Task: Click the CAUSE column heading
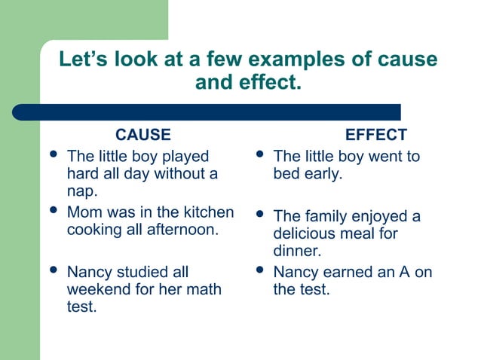coord(142,136)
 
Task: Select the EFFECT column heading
coord(375,136)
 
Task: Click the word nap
coord(81,192)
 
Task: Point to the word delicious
coord(305,234)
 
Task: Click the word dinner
coord(297,252)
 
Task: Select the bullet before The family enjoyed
coord(259,215)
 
